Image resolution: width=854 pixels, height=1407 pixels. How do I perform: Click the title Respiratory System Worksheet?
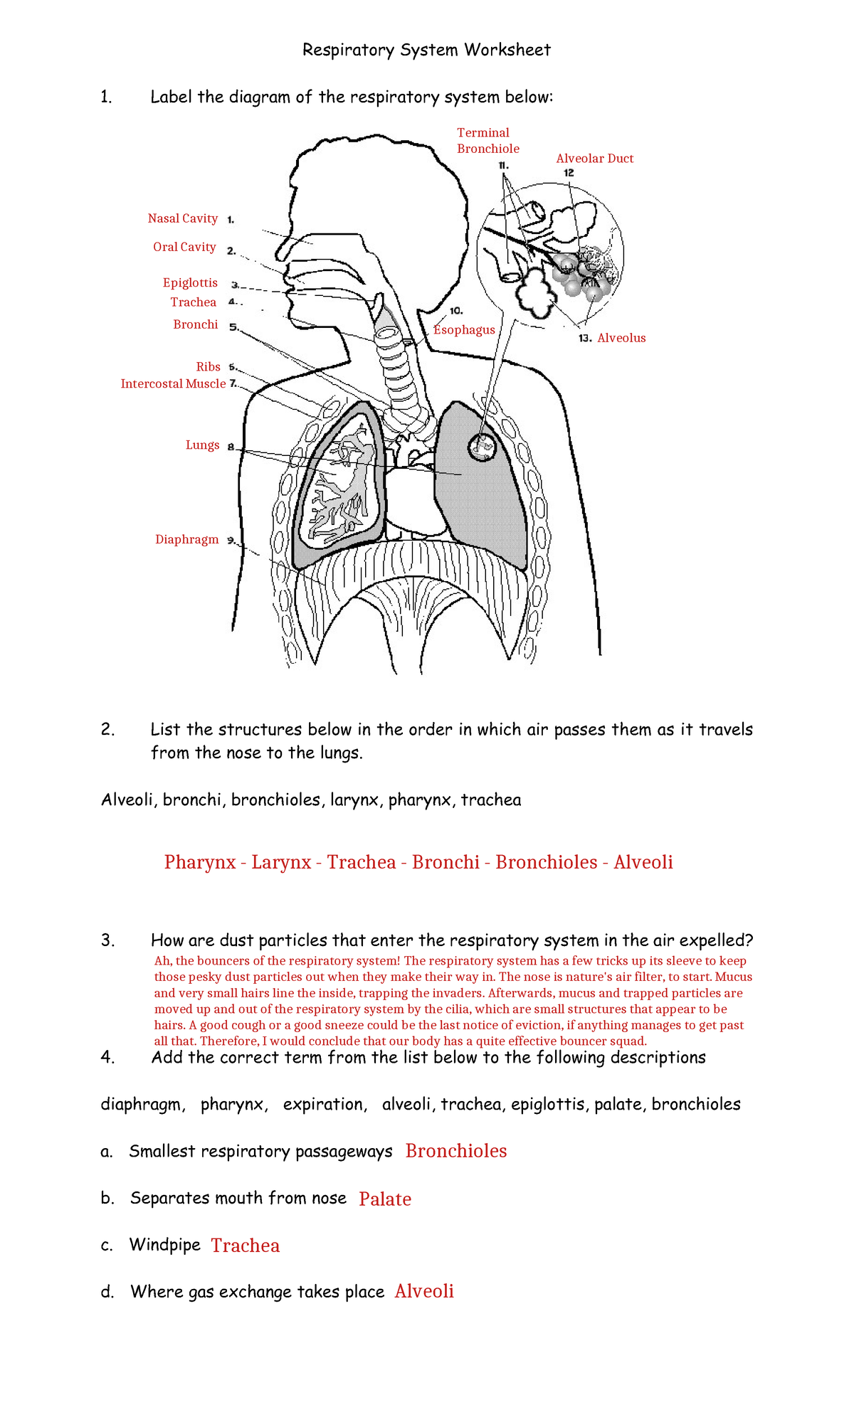point(426,50)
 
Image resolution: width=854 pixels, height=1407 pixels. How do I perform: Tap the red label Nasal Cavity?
point(182,218)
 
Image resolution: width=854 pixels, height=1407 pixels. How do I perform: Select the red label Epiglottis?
point(190,282)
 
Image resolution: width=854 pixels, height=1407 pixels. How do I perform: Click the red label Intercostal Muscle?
point(173,383)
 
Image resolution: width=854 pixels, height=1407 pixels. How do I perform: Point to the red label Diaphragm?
point(186,539)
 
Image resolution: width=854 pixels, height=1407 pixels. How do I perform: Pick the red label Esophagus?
point(464,330)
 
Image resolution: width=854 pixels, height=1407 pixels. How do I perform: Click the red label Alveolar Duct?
point(594,159)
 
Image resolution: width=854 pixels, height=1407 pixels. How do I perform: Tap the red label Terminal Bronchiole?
point(487,141)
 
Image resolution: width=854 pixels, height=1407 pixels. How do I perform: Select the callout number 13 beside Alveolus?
point(585,339)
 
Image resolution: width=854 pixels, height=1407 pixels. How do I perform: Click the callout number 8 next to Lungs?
point(231,447)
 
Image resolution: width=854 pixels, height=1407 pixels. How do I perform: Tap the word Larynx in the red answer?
point(281,862)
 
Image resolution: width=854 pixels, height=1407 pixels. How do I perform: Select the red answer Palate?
point(385,1199)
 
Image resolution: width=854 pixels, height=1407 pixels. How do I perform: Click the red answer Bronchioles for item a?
point(456,1151)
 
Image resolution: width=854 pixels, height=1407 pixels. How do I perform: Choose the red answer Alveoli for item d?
point(424,1291)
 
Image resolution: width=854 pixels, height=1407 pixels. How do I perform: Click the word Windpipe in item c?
point(164,1245)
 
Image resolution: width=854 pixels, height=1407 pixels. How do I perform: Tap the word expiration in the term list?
point(325,1104)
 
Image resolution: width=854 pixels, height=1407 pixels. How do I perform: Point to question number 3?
point(107,940)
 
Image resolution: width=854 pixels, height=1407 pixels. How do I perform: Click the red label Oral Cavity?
point(184,247)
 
